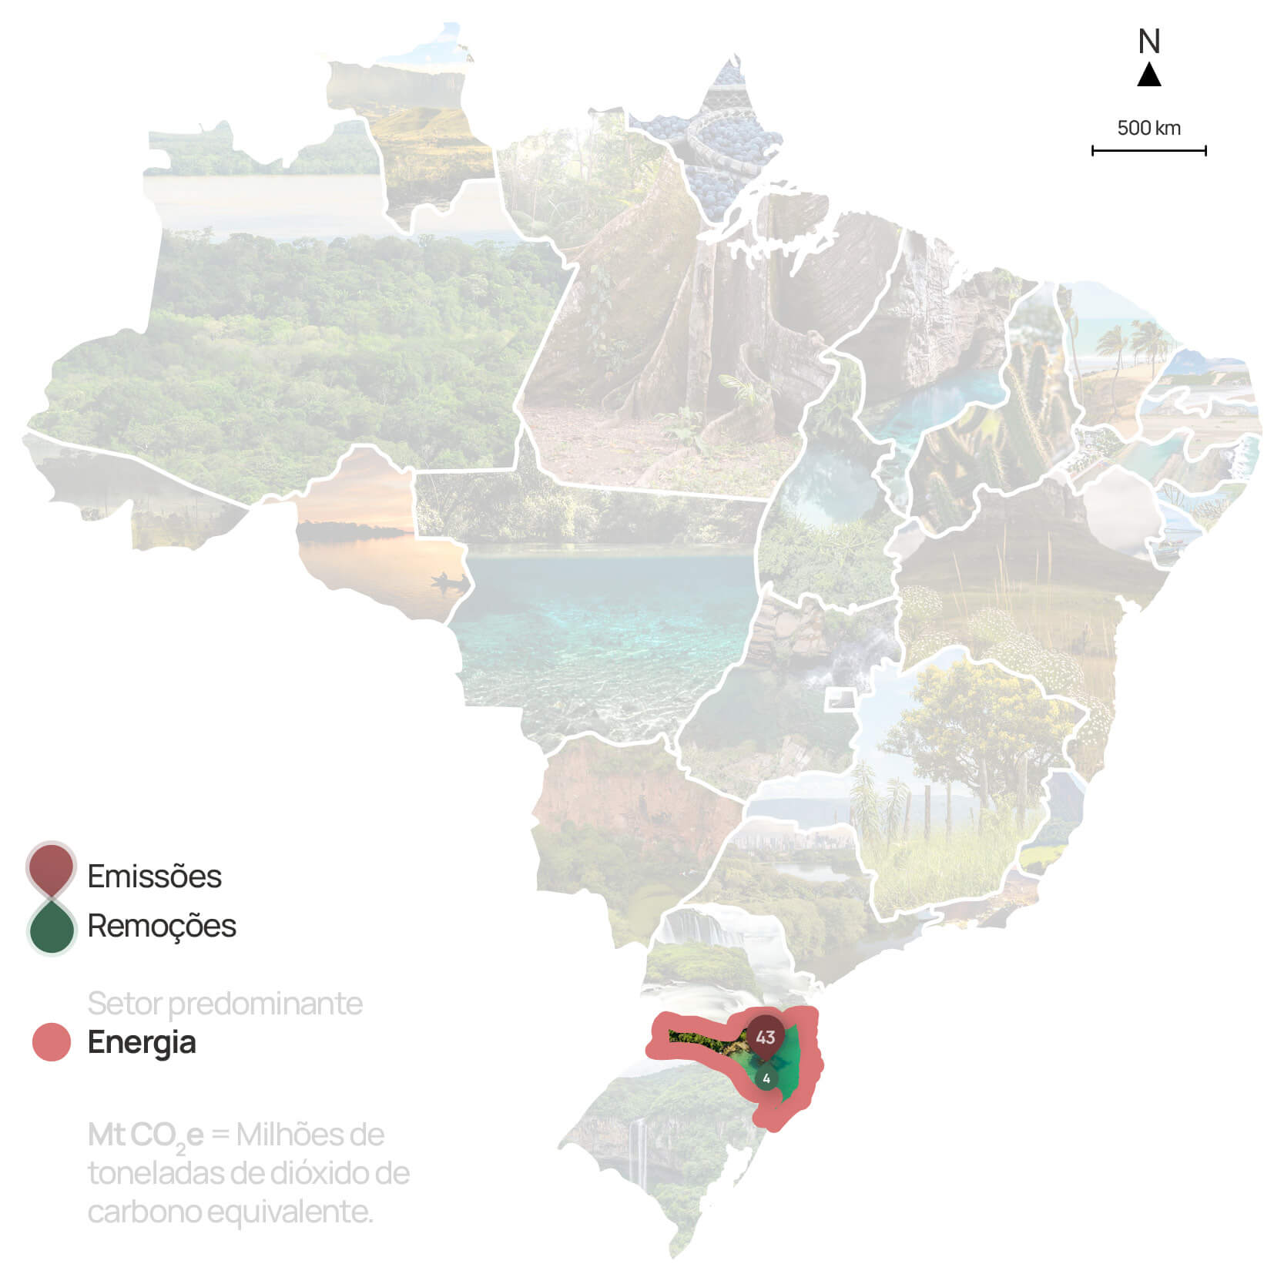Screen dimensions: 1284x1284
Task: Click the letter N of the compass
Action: [x=1148, y=42]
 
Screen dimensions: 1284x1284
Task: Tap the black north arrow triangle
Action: [x=1148, y=75]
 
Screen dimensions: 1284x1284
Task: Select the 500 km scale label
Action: [x=1148, y=128]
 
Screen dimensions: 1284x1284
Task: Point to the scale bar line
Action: [x=1148, y=151]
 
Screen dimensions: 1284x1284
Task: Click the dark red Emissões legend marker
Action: [x=51, y=867]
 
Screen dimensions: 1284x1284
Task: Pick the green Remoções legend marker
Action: [x=51, y=928]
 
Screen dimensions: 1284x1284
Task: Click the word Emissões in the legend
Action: [x=154, y=877]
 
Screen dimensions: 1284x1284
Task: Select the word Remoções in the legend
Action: [x=162, y=926]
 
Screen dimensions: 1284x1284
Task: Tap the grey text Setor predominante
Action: [x=225, y=1004]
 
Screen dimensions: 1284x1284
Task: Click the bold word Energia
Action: [x=142, y=1042]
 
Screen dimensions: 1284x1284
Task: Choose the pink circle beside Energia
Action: [x=52, y=1042]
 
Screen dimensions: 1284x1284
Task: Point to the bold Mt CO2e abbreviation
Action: [x=146, y=1135]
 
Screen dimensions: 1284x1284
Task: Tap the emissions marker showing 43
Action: [x=765, y=1037]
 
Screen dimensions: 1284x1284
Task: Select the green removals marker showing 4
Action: [x=766, y=1078]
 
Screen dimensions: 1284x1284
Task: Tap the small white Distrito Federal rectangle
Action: [x=840, y=699]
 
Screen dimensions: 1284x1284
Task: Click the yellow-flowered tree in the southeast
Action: [x=978, y=716]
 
